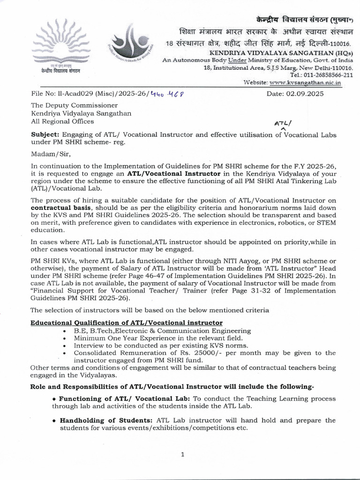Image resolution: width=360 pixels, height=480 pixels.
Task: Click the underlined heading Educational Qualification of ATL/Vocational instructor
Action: click(x=127, y=322)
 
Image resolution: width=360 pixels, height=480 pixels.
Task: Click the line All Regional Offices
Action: click(x=62, y=121)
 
